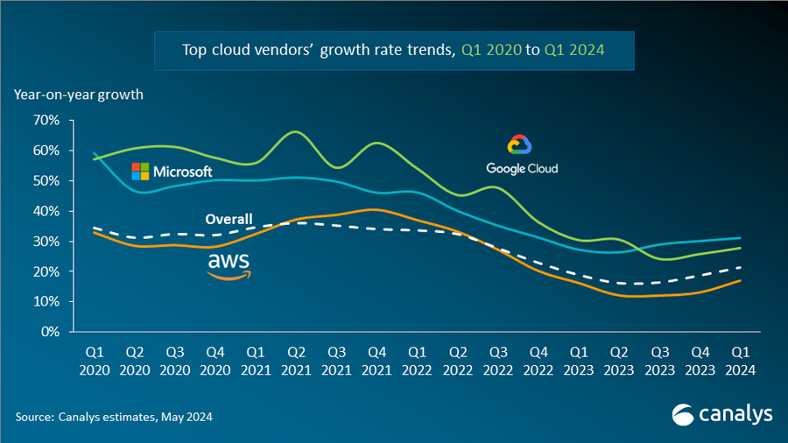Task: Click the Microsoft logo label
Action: pos(172,171)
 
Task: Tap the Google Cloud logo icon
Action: pos(520,146)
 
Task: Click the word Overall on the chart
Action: pos(229,219)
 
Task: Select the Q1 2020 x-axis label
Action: pos(94,362)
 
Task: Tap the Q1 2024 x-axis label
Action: pos(740,362)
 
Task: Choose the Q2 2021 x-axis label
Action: pos(296,362)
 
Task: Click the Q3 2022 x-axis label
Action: pos(497,362)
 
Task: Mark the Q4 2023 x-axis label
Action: pos(700,362)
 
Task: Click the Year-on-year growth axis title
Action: pos(78,95)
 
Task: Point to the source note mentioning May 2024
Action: pos(113,417)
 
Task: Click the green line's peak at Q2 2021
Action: pos(295,132)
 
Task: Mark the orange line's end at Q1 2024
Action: pos(741,280)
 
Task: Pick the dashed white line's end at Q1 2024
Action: pos(741,267)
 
